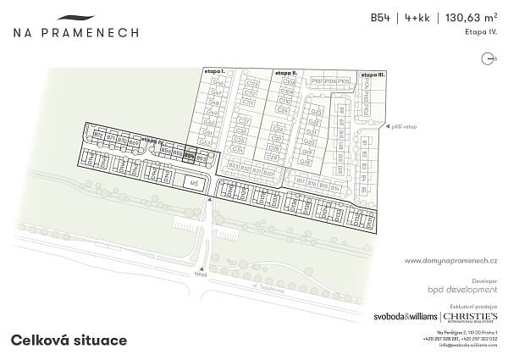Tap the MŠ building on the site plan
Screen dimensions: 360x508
[x=194, y=182]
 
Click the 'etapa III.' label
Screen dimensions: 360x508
[x=373, y=75]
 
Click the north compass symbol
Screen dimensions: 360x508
[x=487, y=58]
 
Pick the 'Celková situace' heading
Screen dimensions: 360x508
[x=69, y=340]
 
